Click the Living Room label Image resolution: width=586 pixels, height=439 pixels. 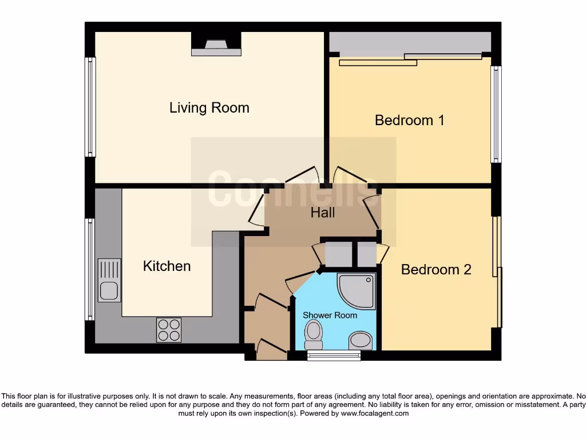coord(209,107)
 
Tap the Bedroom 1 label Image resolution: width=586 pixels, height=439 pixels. coord(409,120)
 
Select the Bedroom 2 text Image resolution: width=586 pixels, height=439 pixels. coord(436,269)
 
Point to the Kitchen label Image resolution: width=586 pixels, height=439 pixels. coord(167,266)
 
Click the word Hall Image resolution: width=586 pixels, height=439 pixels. coord(323,213)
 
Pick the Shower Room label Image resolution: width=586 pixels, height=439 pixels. coord(330,315)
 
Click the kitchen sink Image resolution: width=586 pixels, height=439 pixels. coord(109,280)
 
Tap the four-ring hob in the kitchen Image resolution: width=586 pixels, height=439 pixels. coord(169,330)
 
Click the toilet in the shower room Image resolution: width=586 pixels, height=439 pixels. coord(314,334)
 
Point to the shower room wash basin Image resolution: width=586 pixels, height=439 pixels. coord(361,341)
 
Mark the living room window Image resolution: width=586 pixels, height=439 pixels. coord(90,107)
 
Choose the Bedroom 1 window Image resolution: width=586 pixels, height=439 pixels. coord(496,114)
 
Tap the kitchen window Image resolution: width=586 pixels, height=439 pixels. coord(90,269)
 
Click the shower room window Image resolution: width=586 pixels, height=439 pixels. coord(334,356)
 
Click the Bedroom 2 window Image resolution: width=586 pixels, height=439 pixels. coord(498,272)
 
